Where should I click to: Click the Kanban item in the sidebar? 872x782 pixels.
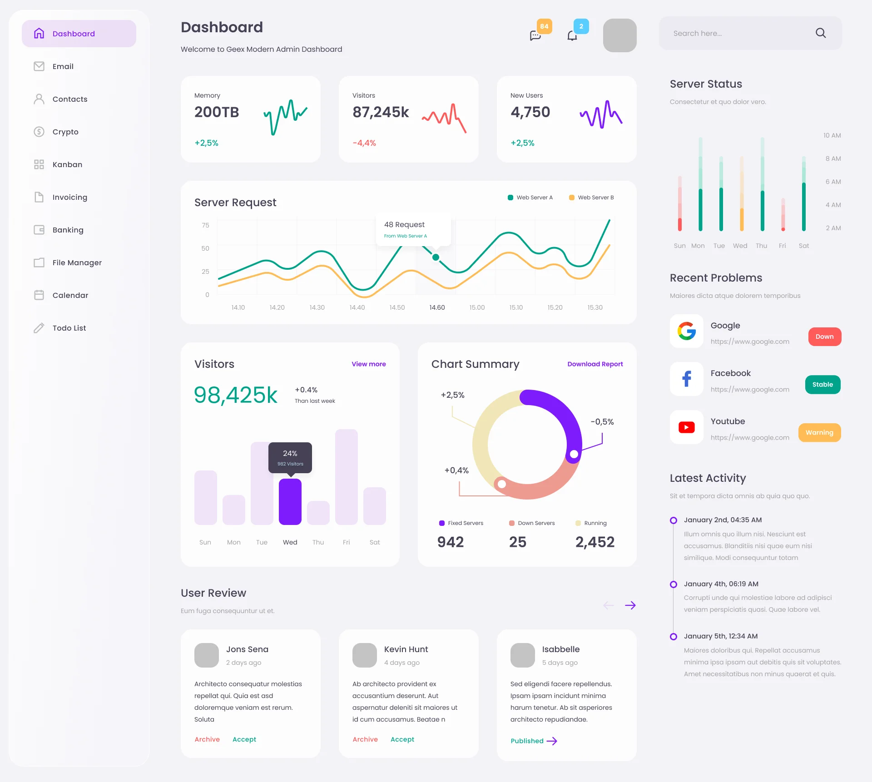[67, 164]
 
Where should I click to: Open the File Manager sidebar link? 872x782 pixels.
[77, 262]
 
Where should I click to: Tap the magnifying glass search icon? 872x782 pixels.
[820, 33]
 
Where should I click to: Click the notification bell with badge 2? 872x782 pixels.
[572, 35]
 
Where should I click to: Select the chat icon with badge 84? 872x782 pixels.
[535, 35]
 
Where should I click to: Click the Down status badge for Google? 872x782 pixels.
[824, 337]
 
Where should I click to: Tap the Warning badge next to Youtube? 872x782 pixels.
[819, 432]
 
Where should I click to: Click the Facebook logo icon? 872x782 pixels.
[686, 378]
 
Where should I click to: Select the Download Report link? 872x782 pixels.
[595, 364]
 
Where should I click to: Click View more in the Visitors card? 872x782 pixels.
[368, 364]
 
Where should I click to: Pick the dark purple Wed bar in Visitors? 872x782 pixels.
[290, 501]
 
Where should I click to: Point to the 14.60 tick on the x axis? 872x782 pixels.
[437, 307]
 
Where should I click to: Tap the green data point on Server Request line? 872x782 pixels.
[436, 257]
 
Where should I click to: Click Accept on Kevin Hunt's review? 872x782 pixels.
[402, 739]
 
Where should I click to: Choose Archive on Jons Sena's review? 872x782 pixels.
[207, 739]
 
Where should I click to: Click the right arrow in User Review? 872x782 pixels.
[630, 605]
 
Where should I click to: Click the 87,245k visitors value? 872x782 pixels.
[381, 112]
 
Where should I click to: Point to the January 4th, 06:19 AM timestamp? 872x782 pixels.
[721, 584]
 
